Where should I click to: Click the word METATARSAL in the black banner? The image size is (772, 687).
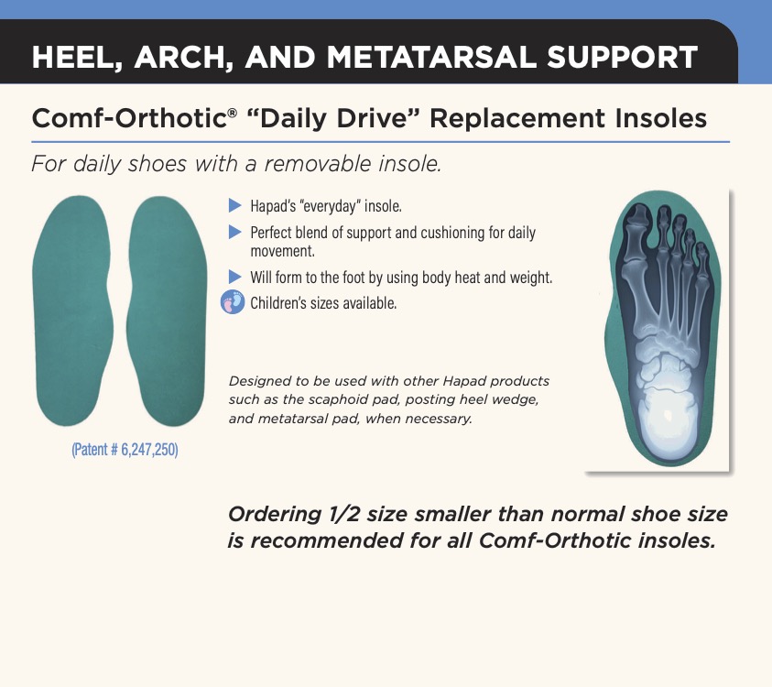(x=431, y=57)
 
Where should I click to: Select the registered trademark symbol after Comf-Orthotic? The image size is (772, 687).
(x=232, y=113)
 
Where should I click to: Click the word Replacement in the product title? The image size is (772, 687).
(x=517, y=119)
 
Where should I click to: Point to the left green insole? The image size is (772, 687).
(x=71, y=311)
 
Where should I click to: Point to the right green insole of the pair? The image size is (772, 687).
(x=166, y=311)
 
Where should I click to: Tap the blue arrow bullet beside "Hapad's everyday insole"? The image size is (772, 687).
(x=234, y=205)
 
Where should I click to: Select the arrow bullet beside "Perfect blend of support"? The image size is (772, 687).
(x=234, y=232)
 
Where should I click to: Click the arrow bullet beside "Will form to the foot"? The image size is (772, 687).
(x=234, y=277)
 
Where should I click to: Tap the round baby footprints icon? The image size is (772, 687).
(x=233, y=302)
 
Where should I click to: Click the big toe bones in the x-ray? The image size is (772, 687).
(x=636, y=236)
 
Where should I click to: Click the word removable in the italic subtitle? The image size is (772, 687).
(x=317, y=164)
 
